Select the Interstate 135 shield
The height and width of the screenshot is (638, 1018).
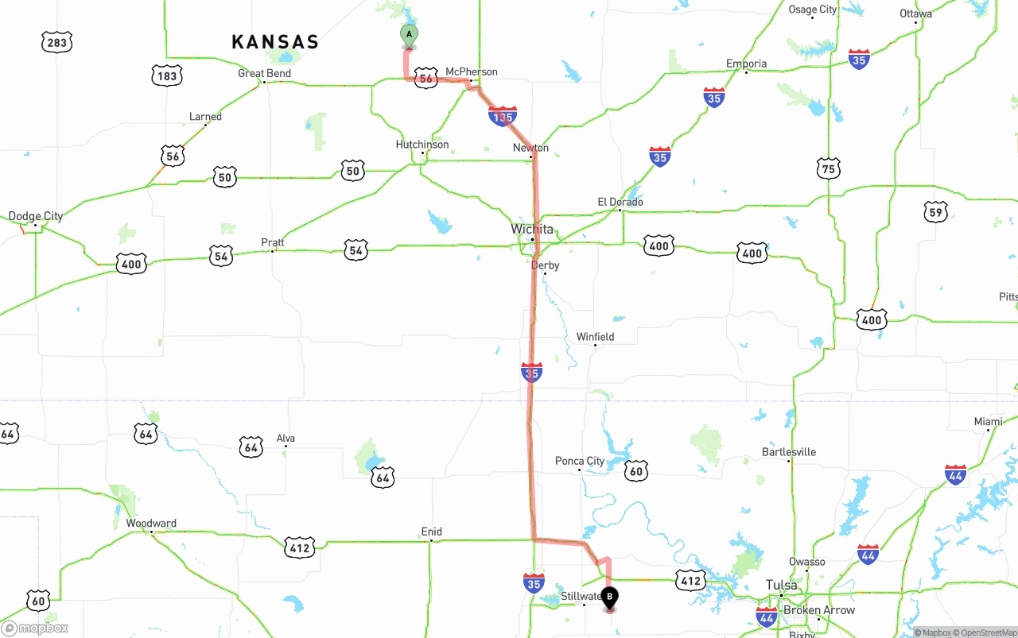pos(503,117)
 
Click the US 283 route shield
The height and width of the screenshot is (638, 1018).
pos(57,42)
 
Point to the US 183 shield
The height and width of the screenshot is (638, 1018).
pos(167,76)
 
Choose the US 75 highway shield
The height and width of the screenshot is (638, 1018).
pos(829,168)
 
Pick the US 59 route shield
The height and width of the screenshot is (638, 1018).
pos(936,211)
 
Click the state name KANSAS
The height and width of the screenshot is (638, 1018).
pos(275,42)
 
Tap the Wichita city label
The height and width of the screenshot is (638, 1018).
pos(531,229)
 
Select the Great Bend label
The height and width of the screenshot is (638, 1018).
pos(265,73)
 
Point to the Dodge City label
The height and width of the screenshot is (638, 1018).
pos(36,216)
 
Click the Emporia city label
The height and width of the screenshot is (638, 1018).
pos(746,64)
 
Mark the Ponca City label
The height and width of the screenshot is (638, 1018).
pos(580,461)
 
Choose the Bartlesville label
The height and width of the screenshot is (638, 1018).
pos(789,452)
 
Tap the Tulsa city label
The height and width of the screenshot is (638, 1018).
pos(781,586)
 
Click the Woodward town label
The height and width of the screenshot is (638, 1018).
pos(151,524)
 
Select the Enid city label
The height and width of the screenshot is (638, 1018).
pos(432,532)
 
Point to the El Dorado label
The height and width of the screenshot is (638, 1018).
pos(620,202)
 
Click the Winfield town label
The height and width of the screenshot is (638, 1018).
pos(595,337)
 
